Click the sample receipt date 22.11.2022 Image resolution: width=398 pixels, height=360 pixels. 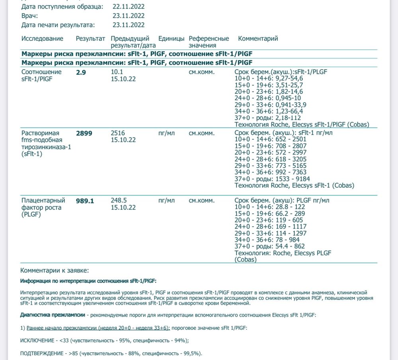click(129, 7)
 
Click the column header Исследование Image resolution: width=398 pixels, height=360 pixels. click(42, 39)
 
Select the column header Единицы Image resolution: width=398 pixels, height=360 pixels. click(171, 39)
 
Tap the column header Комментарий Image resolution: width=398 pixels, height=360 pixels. click(258, 39)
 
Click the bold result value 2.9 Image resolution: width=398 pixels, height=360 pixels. click(81, 72)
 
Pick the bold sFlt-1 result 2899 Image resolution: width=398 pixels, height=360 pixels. click(84, 133)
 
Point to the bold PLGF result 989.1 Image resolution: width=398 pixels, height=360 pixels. click(85, 201)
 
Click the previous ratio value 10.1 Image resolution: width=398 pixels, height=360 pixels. click(117, 72)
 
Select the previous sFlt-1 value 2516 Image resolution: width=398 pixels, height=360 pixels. click(118, 133)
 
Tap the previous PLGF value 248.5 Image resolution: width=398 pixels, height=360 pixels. click(119, 200)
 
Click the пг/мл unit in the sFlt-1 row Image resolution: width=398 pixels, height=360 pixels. click(166, 133)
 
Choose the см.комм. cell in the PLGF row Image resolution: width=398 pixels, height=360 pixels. click(201, 200)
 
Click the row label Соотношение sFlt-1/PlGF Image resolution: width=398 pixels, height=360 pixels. click(41, 75)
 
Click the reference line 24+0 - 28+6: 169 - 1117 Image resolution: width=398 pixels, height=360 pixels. click(271, 227)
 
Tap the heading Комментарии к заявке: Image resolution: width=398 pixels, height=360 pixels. click(52, 270)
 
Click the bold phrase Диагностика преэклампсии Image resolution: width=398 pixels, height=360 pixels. click(53, 315)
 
